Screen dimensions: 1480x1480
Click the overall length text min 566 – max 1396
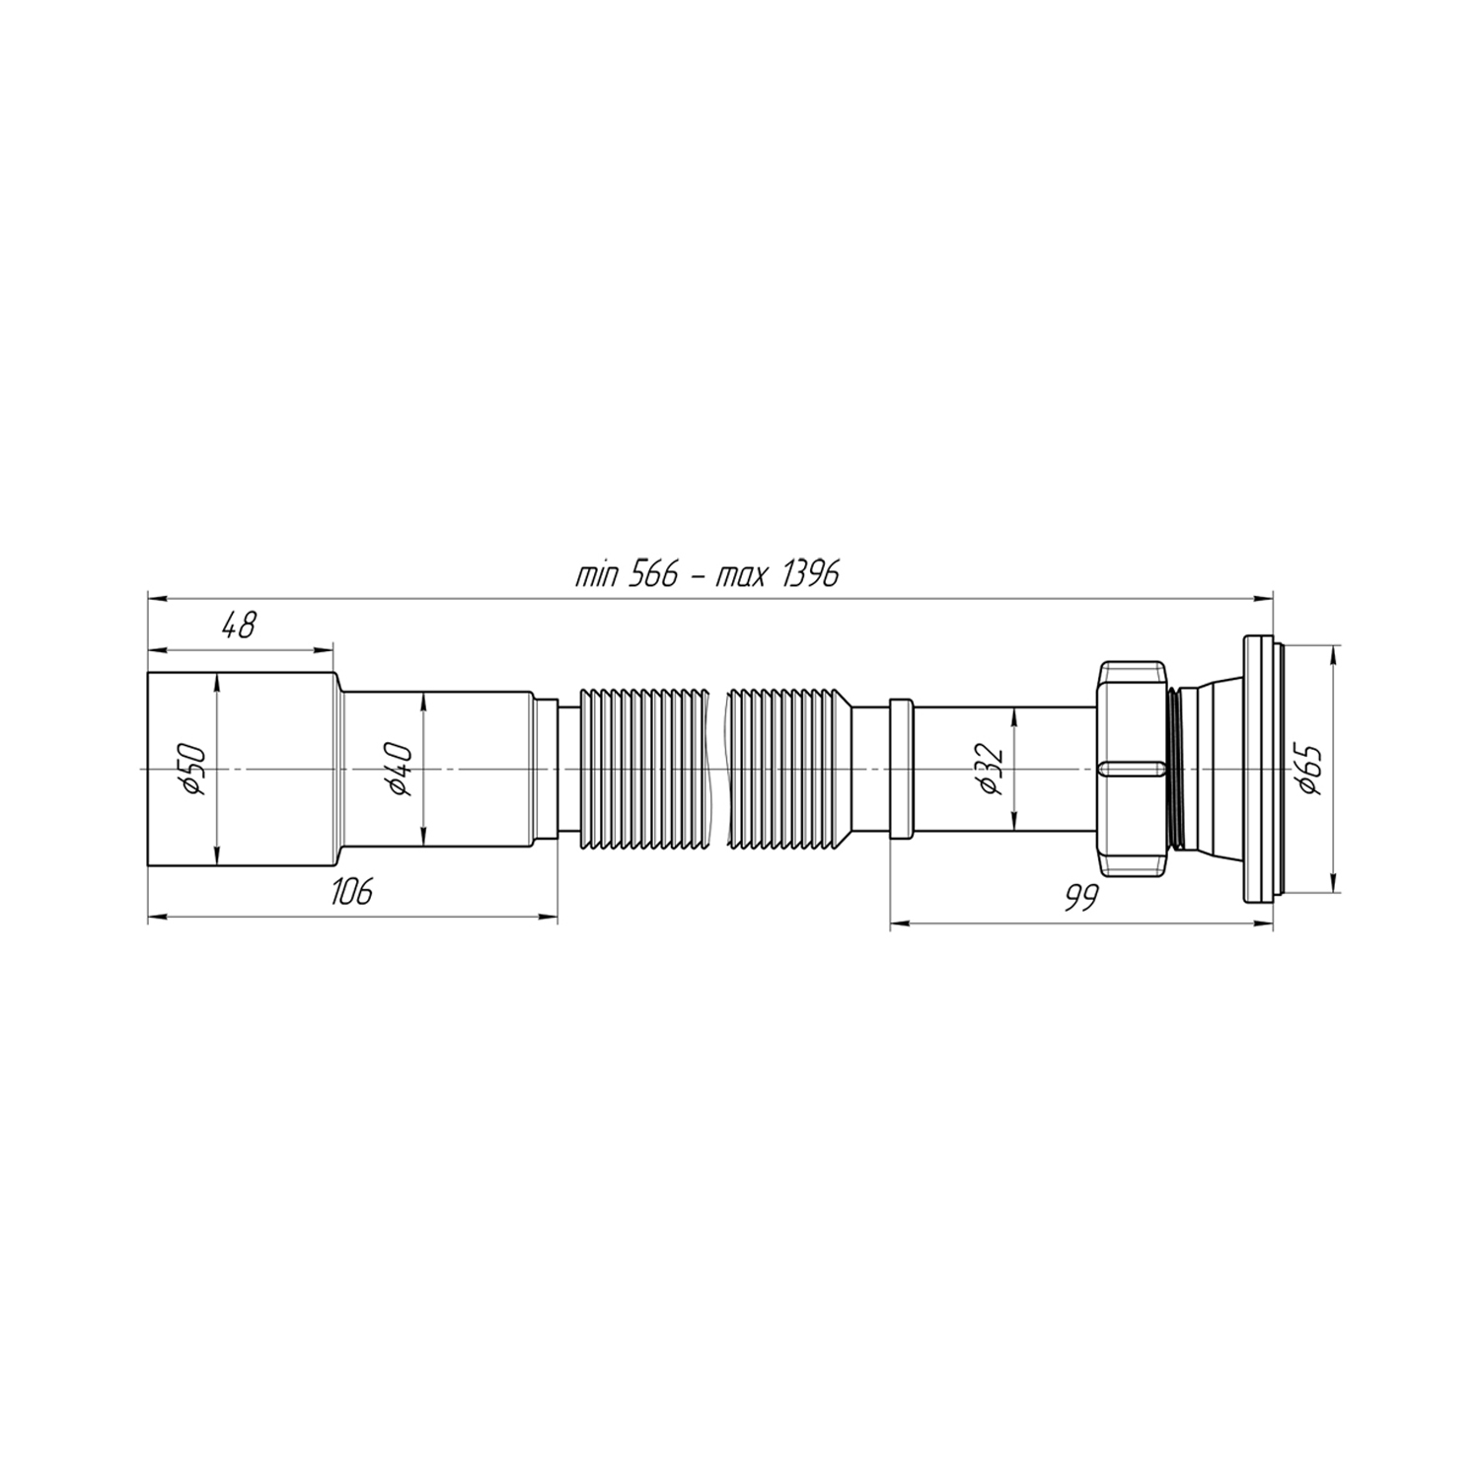(707, 574)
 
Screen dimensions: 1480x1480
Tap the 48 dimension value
(238, 626)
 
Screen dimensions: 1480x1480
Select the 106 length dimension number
(351, 892)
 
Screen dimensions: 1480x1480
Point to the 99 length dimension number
(1082, 899)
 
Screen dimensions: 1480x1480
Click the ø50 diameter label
(193, 769)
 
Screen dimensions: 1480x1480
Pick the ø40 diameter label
(400, 769)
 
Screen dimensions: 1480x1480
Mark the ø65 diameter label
(1310, 769)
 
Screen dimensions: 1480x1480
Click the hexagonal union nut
(1132, 769)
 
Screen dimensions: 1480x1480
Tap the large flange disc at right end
(1258, 769)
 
